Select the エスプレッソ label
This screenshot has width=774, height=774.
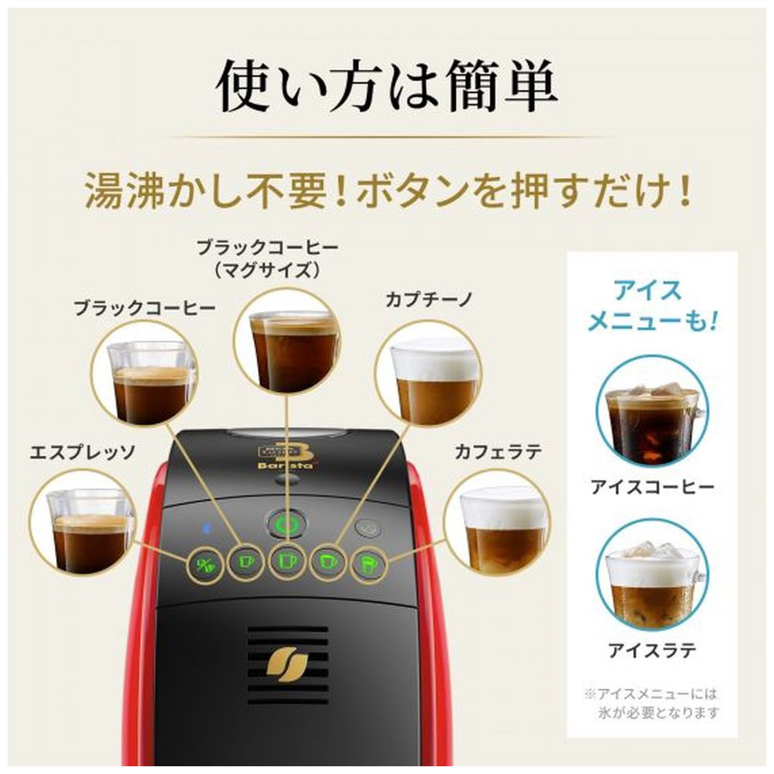click(82, 452)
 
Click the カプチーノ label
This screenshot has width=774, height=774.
click(429, 300)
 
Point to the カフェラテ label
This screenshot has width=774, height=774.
click(498, 452)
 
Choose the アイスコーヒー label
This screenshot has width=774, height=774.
click(652, 487)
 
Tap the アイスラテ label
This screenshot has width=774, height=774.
click(652, 651)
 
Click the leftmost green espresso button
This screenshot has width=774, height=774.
click(204, 565)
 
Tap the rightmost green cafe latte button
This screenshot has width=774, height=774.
click(368, 563)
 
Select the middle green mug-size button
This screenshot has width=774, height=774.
click(286, 562)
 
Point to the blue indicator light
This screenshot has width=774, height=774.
click(207, 528)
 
